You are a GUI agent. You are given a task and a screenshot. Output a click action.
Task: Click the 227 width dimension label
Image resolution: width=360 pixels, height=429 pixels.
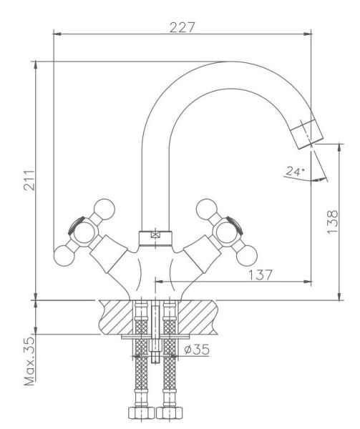point(182,27)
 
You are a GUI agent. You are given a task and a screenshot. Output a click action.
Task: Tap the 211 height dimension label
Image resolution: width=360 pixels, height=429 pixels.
point(29,181)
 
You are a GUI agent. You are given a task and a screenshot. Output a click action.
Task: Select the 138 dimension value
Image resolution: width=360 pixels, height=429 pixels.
point(333,222)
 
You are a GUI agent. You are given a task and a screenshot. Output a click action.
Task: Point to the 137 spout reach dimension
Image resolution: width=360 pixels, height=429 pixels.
point(260,275)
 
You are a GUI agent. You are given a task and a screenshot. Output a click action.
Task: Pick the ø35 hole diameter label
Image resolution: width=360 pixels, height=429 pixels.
point(197,350)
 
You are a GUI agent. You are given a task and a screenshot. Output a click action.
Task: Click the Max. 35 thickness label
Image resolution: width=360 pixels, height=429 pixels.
point(29,361)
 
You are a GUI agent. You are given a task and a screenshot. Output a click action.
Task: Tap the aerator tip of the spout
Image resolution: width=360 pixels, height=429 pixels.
point(307,134)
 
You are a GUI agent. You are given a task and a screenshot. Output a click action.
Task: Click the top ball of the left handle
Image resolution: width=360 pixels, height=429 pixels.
point(104,209)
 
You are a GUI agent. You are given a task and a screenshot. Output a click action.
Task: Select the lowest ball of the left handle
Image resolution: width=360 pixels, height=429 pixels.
point(64,256)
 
